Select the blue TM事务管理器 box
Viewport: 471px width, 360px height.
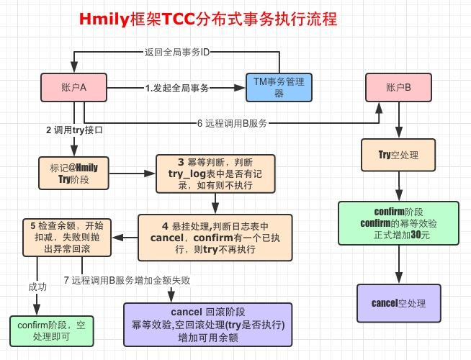point(279,87)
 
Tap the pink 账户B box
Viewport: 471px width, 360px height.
point(398,87)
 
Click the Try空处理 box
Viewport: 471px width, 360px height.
point(398,154)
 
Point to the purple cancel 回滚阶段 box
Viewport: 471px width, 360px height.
point(208,324)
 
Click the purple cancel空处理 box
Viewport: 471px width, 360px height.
point(398,302)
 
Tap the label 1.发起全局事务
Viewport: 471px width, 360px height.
point(177,87)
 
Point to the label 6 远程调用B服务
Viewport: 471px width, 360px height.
point(231,123)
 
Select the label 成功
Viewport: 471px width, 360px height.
point(37,286)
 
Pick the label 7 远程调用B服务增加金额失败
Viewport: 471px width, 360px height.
point(127,281)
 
